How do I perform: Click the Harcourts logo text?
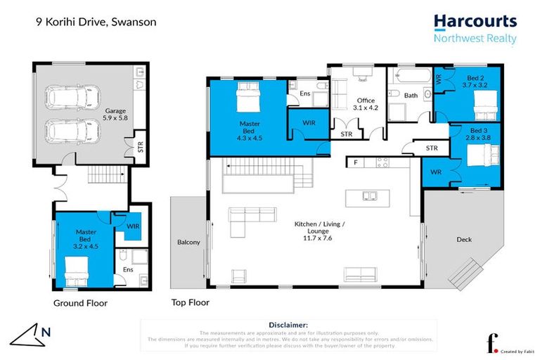[x=475, y=22]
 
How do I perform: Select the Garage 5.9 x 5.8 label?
[x=115, y=115]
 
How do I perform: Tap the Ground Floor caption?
[x=81, y=304]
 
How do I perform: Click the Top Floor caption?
[x=190, y=304]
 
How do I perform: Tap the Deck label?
[x=464, y=240]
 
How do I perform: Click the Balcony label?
[x=188, y=243]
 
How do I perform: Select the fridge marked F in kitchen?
[x=356, y=163]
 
